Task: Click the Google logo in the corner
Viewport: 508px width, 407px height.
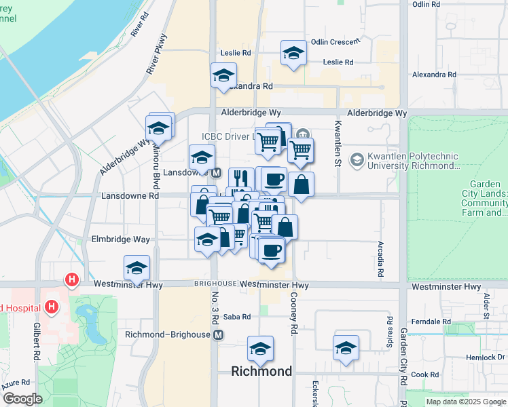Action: pyautogui.click(x=22, y=399)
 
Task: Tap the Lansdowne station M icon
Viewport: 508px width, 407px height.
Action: pyautogui.click(x=216, y=172)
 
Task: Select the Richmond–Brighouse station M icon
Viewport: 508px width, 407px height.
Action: pyautogui.click(x=218, y=335)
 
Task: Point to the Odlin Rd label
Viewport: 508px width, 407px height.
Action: pyautogui.click(x=426, y=4)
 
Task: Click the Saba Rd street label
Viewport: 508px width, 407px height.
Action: pyautogui.click(x=237, y=317)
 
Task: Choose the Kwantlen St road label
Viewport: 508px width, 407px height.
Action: pyautogui.click(x=337, y=146)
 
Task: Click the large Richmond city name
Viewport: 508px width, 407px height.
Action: pyautogui.click(x=261, y=371)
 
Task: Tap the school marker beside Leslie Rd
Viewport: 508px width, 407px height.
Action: pyautogui.click(x=293, y=53)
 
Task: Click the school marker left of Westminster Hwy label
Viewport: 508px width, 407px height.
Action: pyautogui.click(x=137, y=267)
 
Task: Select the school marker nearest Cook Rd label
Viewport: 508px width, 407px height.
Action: pyautogui.click(x=346, y=347)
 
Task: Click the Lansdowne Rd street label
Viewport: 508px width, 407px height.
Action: pyautogui.click(x=130, y=196)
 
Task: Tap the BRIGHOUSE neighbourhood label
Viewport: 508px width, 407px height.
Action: pyautogui.click(x=215, y=284)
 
